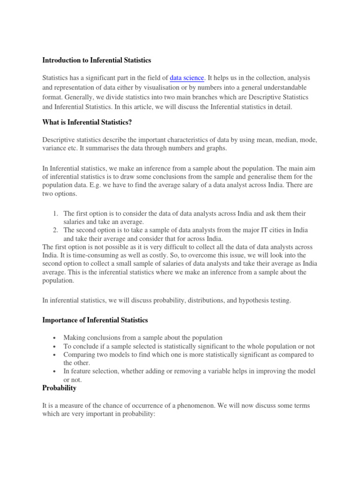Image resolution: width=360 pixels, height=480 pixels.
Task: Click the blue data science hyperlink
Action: coord(187,78)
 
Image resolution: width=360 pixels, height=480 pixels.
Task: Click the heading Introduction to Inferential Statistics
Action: coord(97,60)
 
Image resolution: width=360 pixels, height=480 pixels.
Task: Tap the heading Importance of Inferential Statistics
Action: coord(95,320)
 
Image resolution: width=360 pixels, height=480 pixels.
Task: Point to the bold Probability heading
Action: coord(60,388)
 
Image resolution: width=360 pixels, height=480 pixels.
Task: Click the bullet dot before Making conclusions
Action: coord(55,337)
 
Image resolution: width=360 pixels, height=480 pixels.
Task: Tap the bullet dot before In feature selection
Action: coord(55,371)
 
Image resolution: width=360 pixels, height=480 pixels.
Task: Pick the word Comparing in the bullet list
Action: coord(80,354)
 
